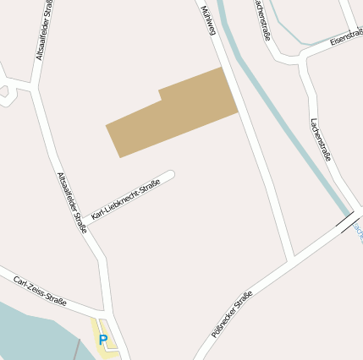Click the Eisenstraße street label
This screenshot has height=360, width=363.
click(346, 39)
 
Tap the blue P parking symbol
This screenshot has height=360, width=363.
click(103, 340)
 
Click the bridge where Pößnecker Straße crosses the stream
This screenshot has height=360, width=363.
click(346, 222)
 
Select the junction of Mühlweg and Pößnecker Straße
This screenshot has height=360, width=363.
click(292, 256)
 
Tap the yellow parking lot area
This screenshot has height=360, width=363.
click(106, 345)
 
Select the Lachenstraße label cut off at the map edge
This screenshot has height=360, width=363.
click(261, 19)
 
